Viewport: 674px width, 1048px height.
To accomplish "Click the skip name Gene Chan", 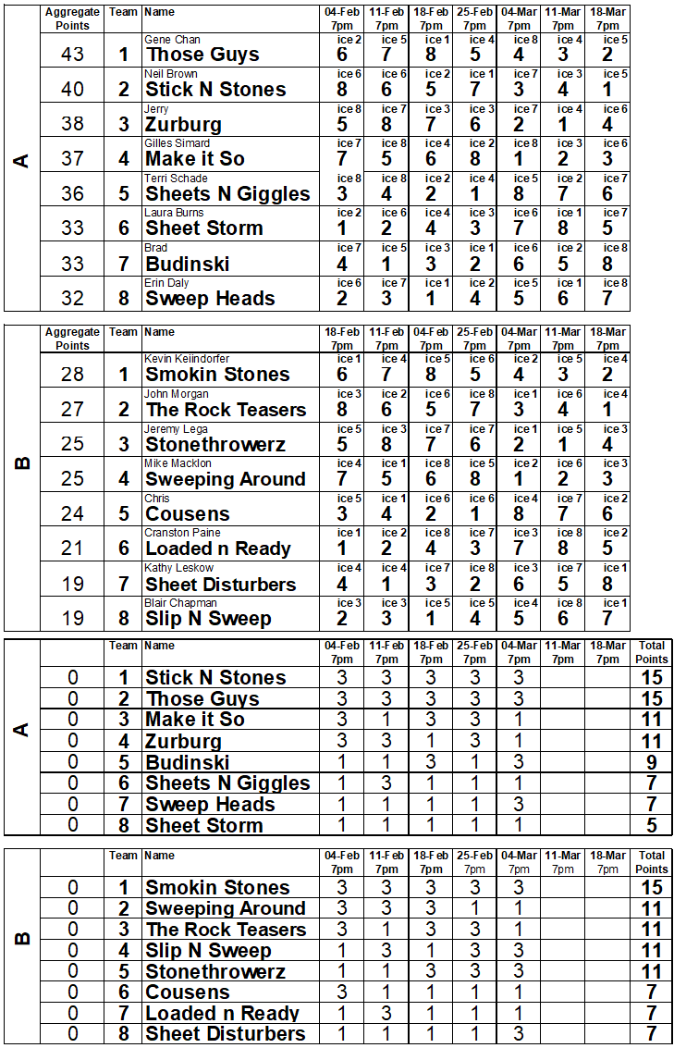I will pyautogui.click(x=172, y=40).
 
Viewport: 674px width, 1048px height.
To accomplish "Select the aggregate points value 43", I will pyautogui.click(x=72, y=55).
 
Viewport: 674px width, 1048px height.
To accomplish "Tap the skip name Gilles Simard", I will pyautogui.click(x=177, y=143).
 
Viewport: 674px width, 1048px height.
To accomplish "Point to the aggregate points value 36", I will pyautogui.click(x=72, y=193).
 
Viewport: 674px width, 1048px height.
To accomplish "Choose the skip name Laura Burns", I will pyautogui.click(x=174, y=213).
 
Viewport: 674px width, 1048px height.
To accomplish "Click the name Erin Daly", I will pyautogui.click(x=166, y=282).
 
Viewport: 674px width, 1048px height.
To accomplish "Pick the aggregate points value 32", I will pyautogui.click(x=72, y=298).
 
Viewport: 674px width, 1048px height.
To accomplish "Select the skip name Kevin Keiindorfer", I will pyautogui.click(x=187, y=359).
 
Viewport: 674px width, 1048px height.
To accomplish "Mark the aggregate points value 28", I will pyautogui.click(x=72, y=374).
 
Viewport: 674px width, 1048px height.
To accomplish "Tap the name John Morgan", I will pyautogui.click(x=177, y=394).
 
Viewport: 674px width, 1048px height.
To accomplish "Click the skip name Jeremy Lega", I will pyautogui.click(x=176, y=429).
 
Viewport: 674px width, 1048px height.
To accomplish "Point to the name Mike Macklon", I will pyautogui.click(x=178, y=463).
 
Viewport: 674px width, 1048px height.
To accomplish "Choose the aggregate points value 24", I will pyautogui.click(x=72, y=513).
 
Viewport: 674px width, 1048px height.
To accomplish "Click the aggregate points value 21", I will pyautogui.click(x=72, y=549).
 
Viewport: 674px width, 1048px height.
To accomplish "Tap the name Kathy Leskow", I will pyautogui.click(x=178, y=568).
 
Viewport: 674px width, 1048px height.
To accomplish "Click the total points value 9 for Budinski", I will pyautogui.click(x=651, y=762).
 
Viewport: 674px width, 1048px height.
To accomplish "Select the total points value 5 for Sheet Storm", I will pyautogui.click(x=651, y=825).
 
